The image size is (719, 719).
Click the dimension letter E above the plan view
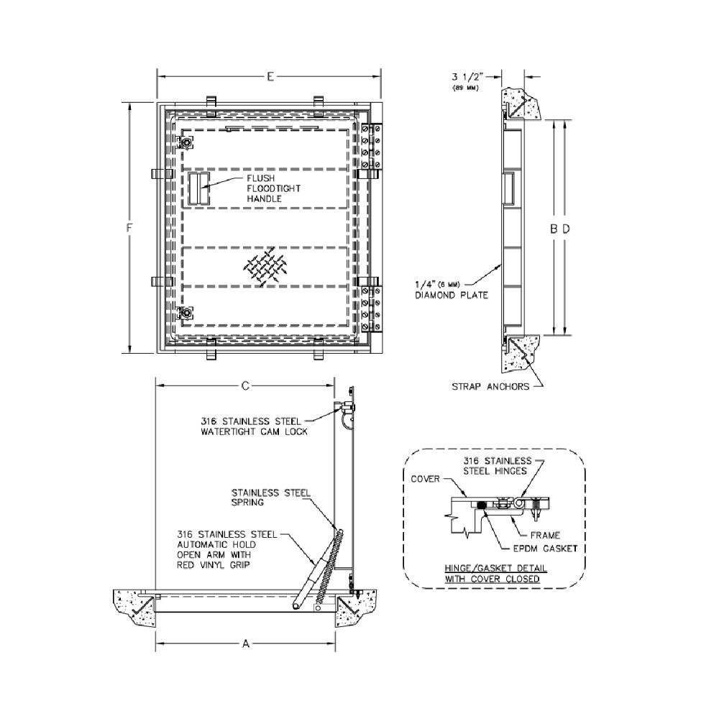pos(270,75)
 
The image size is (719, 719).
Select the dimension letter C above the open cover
pos(245,386)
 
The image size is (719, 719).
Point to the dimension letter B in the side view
pos(554,229)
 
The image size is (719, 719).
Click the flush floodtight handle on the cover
pos(198,189)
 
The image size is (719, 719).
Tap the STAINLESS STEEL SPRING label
pos(270,498)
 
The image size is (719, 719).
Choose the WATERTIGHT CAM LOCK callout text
pos(256,426)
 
